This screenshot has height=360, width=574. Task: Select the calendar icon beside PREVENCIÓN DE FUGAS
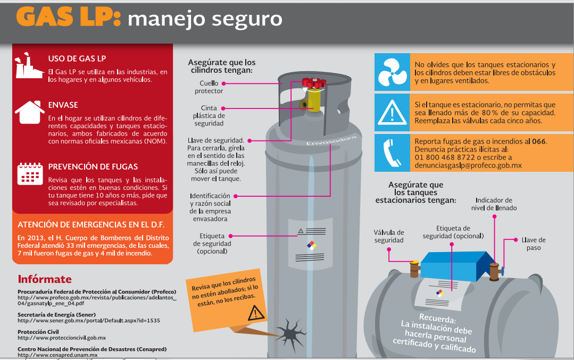point(30,173)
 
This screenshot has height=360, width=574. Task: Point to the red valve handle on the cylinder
point(313,83)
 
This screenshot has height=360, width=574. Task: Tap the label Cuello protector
point(209,87)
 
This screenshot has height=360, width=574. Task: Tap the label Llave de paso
point(534,244)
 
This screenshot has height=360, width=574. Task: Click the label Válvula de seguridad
point(388,236)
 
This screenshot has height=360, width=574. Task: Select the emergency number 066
point(539,141)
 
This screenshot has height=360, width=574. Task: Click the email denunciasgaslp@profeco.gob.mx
point(468,165)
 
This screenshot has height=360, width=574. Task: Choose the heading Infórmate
point(45,279)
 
